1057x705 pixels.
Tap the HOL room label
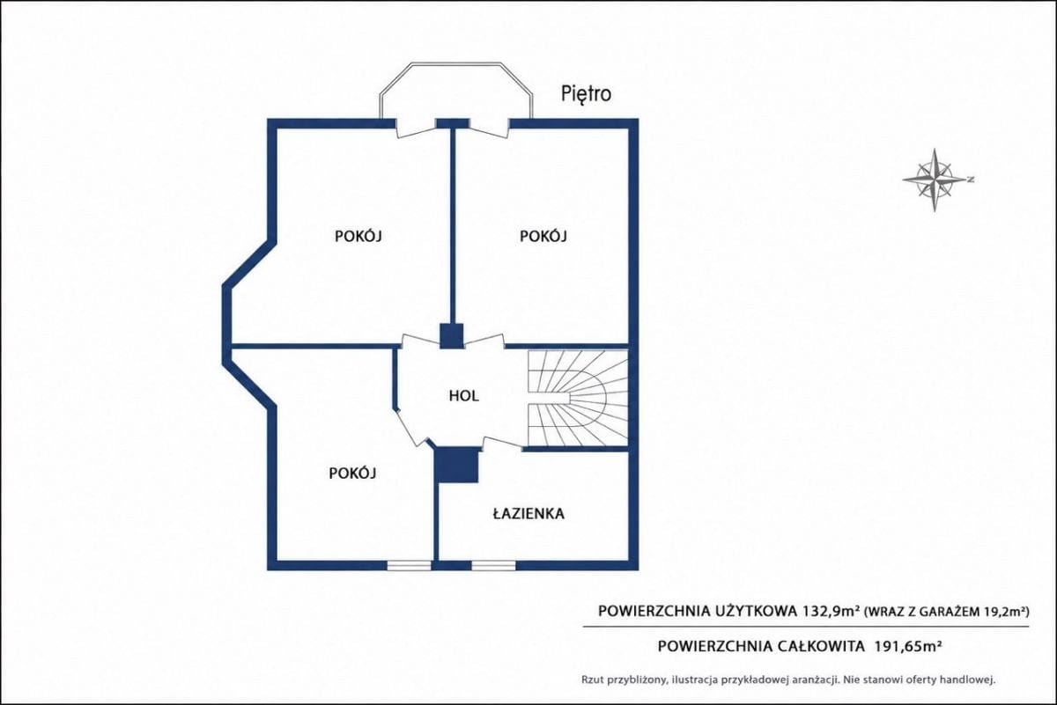tap(463, 396)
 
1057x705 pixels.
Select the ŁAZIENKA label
tap(528, 513)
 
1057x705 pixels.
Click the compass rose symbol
tap(935, 180)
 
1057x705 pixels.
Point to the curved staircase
tap(578, 398)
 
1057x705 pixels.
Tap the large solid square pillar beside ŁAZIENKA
tap(457, 465)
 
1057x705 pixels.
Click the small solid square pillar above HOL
tap(452, 335)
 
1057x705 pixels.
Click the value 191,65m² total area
tap(908, 645)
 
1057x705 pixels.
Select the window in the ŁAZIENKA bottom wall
tap(493, 565)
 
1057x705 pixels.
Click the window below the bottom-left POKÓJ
tap(409, 565)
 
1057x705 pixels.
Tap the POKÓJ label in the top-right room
tap(543, 235)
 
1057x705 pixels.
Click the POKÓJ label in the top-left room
tap(358, 235)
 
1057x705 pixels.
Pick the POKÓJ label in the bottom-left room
tap(352, 473)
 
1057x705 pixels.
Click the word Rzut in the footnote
tap(592, 680)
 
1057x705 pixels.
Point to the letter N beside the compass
tap(970, 180)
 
